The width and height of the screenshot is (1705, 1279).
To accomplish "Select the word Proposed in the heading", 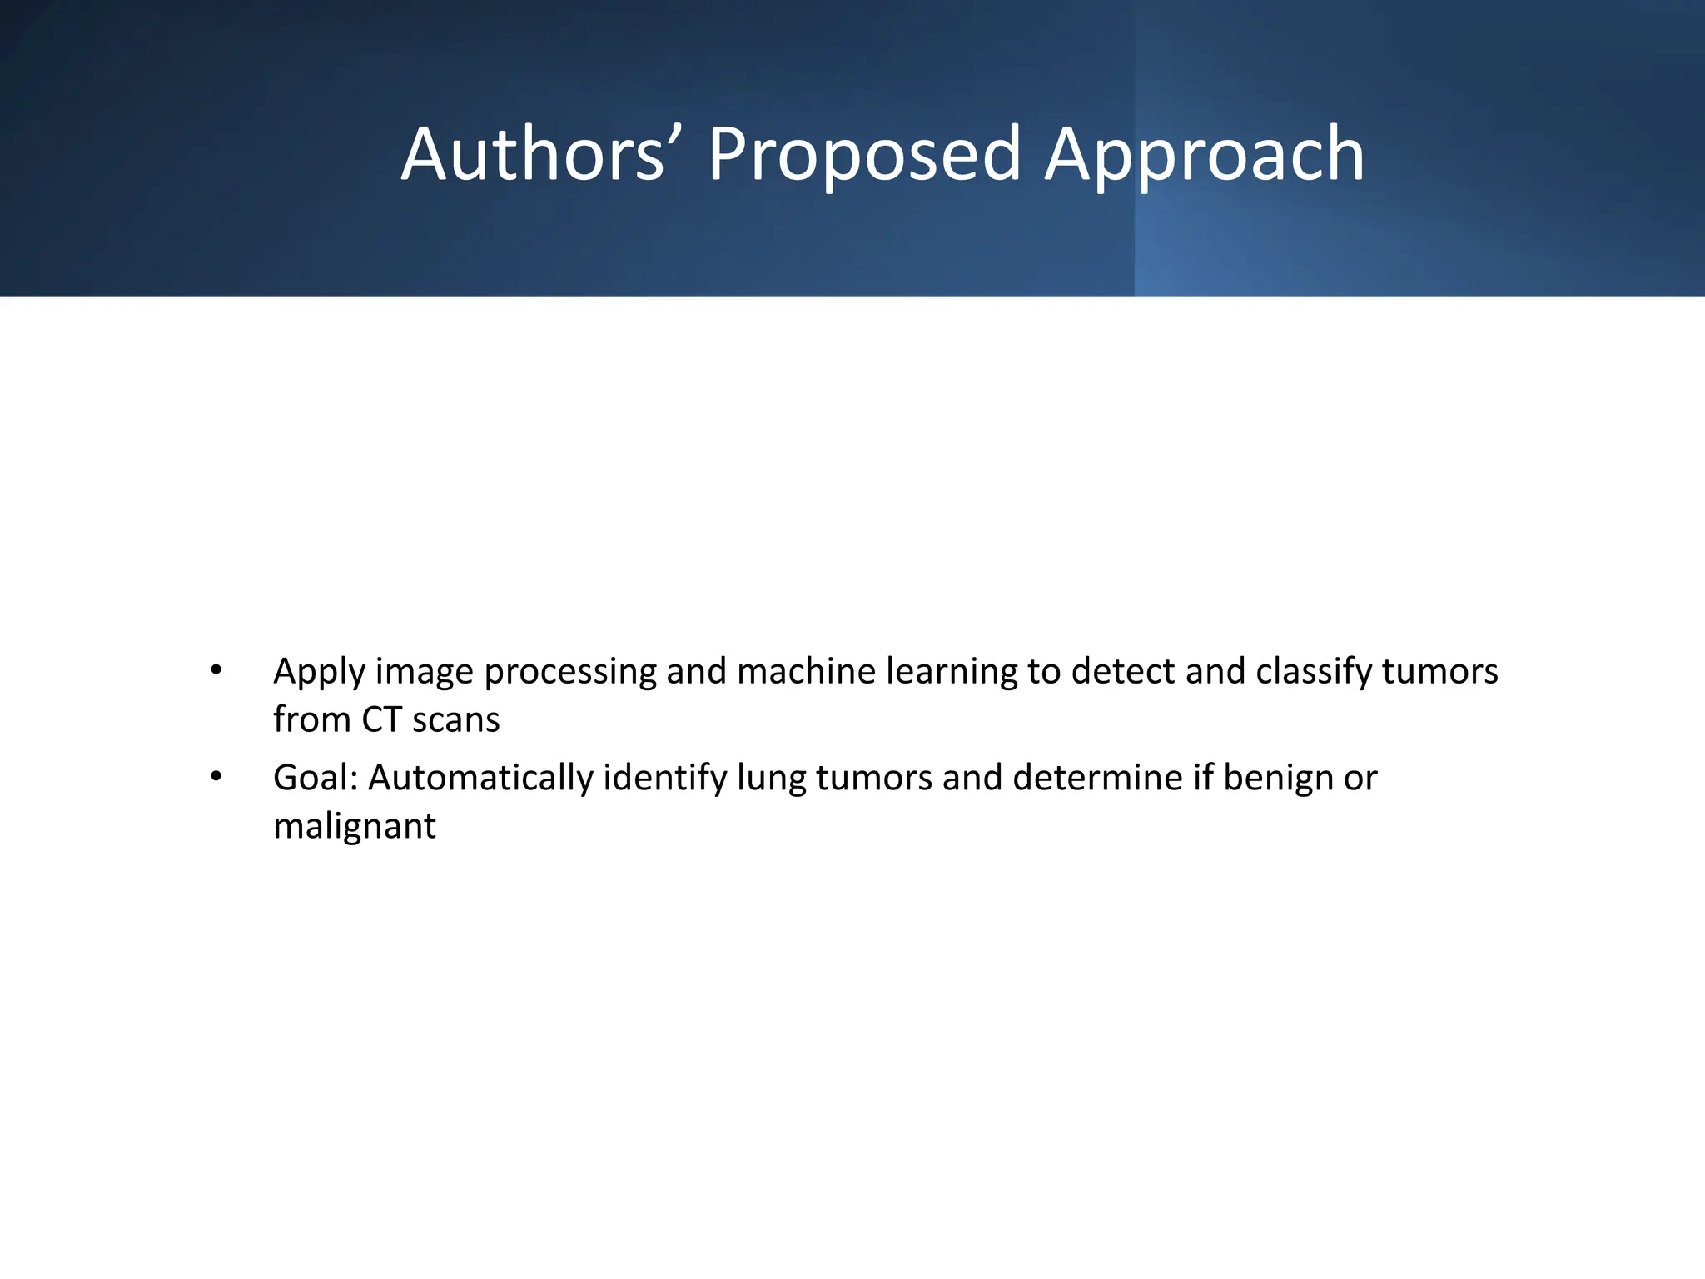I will coord(864,156).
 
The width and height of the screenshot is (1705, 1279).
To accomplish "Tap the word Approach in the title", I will coord(1204,156).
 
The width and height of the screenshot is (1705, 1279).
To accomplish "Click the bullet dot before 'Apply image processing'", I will coord(216,670).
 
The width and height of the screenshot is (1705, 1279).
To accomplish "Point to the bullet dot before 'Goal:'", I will coord(216,777).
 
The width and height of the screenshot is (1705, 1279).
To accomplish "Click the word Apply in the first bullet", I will coord(319,672).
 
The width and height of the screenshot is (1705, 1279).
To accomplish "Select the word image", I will coord(424,672).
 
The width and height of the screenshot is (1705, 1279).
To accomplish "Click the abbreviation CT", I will coord(381,719).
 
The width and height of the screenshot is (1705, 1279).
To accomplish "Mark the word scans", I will coord(456,720).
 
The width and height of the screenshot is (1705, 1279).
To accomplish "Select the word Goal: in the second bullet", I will coord(316,778).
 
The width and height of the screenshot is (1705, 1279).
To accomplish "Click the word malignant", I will coord(355,827).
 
